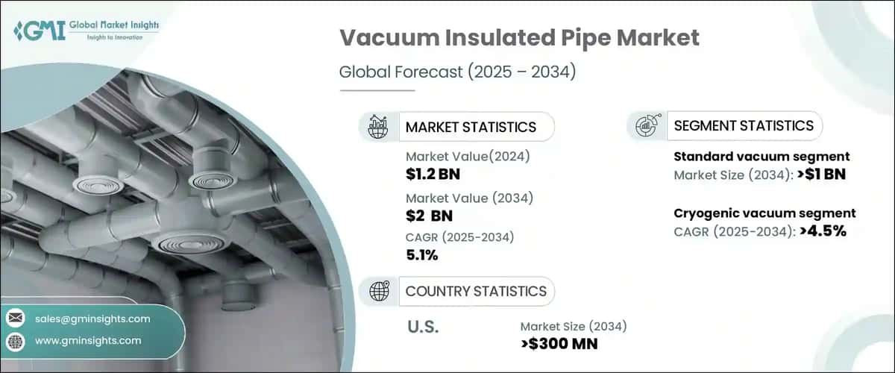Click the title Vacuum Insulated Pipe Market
pos(519,39)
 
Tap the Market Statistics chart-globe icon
pos(378,127)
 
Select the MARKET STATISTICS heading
pos(471,127)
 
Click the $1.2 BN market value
pos(430,174)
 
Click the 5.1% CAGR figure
pos(422,255)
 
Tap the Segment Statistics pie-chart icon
pos(646,126)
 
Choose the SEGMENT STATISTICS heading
pos(744,126)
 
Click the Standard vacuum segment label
pos(761,157)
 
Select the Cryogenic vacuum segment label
pos(764,213)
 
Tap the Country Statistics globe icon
pos(378,291)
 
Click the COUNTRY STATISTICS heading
pos(476,291)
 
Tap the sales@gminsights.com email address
pos(92,319)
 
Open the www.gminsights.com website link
pos(88,341)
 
